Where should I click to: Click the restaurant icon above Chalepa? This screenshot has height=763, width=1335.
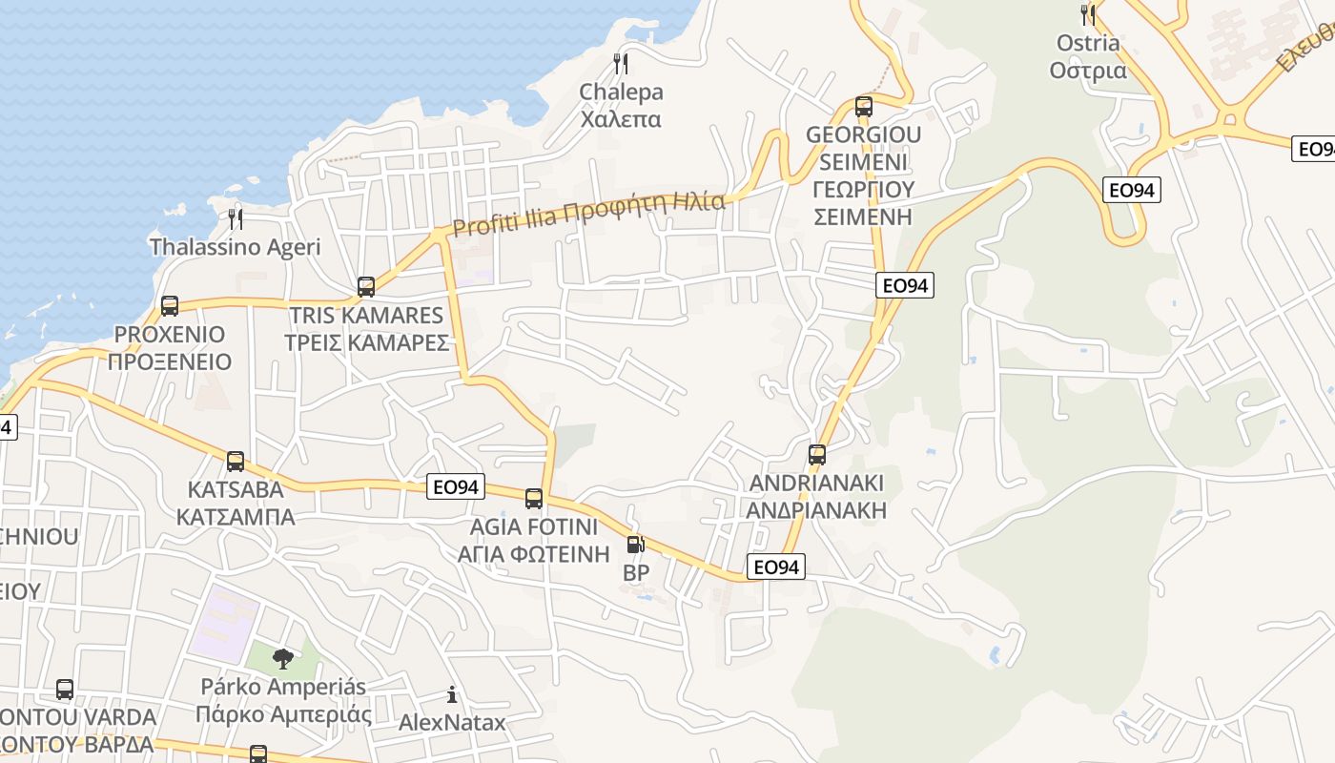click(x=621, y=64)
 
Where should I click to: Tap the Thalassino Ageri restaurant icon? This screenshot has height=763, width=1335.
click(x=236, y=219)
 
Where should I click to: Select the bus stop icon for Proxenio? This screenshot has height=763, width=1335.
click(x=170, y=306)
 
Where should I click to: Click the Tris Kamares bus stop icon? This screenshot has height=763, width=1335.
click(x=366, y=287)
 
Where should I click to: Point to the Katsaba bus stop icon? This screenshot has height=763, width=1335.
click(x=236, y=462)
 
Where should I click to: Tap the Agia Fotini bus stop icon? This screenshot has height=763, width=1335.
click(x=534, y=499)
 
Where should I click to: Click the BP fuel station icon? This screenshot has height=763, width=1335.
click(x=635, y=545)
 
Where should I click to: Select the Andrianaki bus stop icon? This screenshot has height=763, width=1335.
click(x=817, y=455)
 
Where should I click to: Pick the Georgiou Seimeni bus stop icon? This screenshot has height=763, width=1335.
click(x=864, y=107)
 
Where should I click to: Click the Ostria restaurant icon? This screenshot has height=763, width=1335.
click(x=1088, y=14)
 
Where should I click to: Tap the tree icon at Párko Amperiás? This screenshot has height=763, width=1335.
click(x=282, y=657)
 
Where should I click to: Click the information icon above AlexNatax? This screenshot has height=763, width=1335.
click(x=452, y=694)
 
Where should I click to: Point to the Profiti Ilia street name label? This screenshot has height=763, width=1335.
click(x=588, y=214)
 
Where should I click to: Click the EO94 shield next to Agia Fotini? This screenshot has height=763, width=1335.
click(x=455, y=487)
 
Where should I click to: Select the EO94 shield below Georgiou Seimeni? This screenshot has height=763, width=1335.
click(x=905, y=285)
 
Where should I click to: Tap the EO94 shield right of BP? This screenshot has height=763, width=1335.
click(x=775, y=567)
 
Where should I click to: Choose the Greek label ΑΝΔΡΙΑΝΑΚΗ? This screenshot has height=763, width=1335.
click(x=816, y=510)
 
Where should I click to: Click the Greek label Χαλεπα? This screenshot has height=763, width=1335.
click(x=621, y=119)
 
